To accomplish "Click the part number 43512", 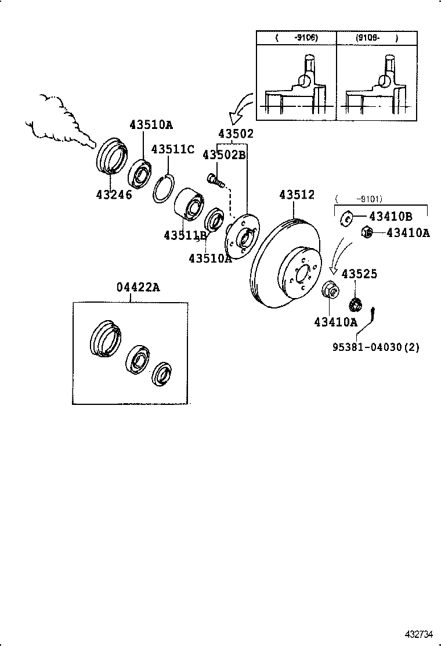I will pos(297,195).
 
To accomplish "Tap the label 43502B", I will pos(224,155).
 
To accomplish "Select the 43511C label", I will pos(172,149).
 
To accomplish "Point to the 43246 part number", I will pos(114,194).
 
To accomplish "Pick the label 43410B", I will pos(391,217).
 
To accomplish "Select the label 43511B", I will pos(185,235).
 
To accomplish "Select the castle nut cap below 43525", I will pos(355,304).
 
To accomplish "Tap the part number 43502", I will pos(236,134).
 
